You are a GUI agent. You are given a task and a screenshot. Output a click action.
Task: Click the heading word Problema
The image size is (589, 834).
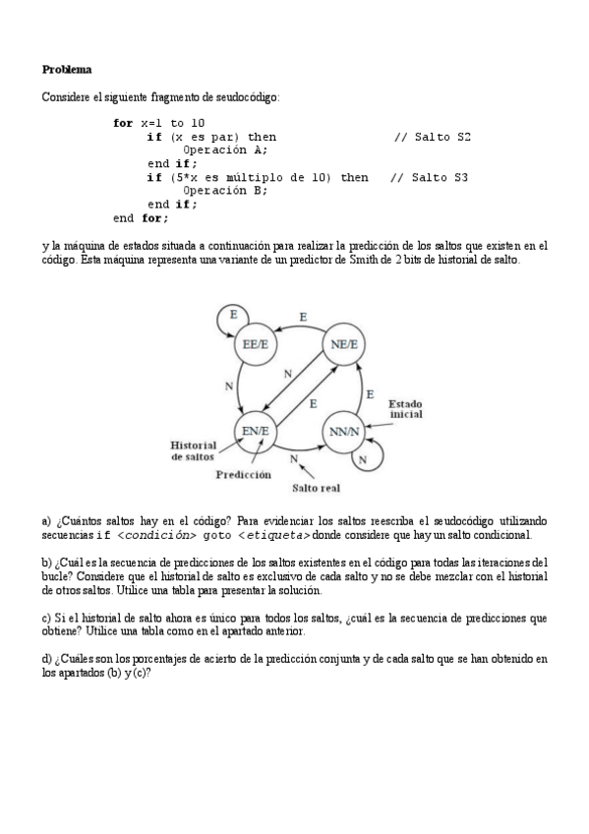coord(67,70)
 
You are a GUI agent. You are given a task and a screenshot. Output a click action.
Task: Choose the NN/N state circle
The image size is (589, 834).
coord(344,430)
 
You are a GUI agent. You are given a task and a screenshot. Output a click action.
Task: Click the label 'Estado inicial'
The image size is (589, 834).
coord(405,410)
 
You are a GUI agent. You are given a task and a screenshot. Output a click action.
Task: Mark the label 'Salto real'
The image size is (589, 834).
coord(315,486)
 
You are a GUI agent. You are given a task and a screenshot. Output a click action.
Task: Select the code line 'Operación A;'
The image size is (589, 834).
coord(224,150)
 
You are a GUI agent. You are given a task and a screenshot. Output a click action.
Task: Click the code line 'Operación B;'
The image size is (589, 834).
coord(224,191)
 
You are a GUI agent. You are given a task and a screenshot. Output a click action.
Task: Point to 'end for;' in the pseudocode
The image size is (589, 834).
coord(141,217)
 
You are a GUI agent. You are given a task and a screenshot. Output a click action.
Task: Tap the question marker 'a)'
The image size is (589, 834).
coord(46,520)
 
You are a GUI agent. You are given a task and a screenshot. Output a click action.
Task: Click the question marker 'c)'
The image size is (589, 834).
coord(46,618)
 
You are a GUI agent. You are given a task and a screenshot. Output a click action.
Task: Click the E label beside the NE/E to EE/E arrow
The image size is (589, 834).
coord(302,317)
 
